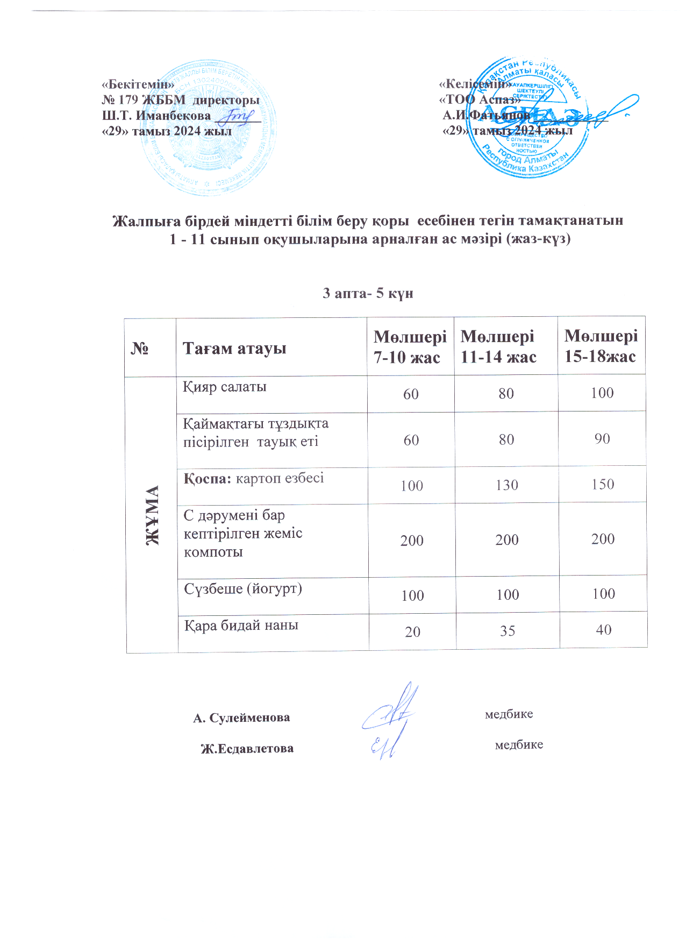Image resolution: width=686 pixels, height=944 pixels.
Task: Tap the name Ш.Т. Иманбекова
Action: point(156,115)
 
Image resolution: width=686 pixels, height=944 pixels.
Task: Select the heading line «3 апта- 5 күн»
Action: point(368,293)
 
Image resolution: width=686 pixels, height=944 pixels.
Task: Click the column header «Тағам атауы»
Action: point(234,348)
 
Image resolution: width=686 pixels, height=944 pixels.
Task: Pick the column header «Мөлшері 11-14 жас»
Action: point(498,346)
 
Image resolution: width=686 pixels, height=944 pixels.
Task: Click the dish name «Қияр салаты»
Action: point(225,387)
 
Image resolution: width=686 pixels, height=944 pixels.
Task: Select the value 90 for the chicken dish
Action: point(602,439)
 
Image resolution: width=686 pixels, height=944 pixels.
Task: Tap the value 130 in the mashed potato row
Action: point(507,485)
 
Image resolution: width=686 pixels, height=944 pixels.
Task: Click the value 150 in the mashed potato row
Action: point(602,484)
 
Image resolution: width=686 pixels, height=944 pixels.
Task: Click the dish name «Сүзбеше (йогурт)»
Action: point(243,589)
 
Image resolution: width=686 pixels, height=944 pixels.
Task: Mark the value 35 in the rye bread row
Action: point(508,630)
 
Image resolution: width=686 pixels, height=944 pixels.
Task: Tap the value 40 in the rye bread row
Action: point(603,629)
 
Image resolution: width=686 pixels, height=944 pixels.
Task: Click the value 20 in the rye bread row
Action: point(412,631)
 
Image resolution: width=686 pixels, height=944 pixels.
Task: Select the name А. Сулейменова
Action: point(241,718)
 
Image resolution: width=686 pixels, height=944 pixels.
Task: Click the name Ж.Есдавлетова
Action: point(247,748)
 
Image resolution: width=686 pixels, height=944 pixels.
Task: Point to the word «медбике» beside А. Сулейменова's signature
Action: point(509,714)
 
